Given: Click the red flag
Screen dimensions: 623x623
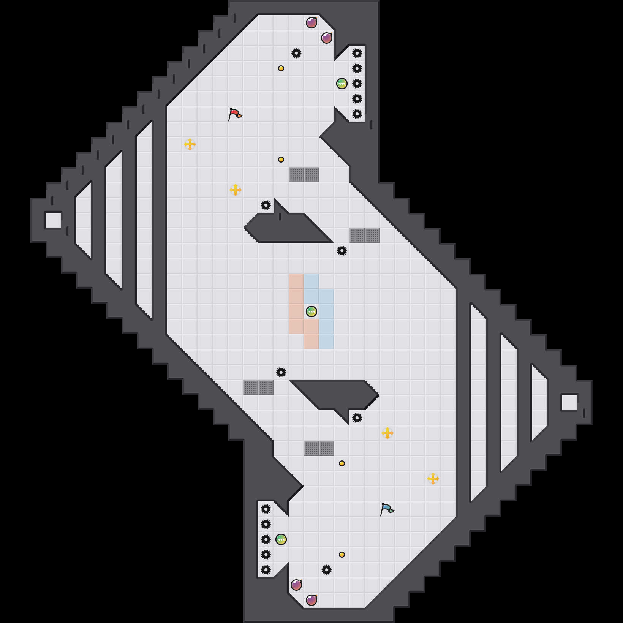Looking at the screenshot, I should click(x=235, y=114).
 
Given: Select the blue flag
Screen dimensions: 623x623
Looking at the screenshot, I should click(x=387, y=509).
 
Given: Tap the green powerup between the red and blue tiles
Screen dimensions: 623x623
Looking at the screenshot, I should click(x=311, y=311).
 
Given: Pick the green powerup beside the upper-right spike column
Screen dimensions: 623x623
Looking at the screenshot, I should click(x=342, y=84).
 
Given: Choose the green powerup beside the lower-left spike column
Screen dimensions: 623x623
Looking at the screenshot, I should click(x=281, y=539).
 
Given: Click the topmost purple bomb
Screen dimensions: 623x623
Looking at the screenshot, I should click(x=311, y=23).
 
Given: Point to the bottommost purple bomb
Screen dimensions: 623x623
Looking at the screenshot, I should click(x=311, y=600).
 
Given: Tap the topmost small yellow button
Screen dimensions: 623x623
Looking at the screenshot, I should click(x=281, y=68).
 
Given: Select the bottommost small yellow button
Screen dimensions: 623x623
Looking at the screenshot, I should click(x=342, y=555).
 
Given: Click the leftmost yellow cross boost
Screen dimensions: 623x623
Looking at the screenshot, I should click(x=190, y=144).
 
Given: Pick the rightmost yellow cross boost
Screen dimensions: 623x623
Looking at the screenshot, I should click(x=433, y=479).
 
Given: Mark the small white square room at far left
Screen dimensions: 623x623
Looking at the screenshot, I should click(x=53, y=220).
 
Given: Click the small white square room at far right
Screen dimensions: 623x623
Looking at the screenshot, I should click(x=570, y=403).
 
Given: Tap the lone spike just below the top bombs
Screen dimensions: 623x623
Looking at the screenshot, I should click(x=296, y=53).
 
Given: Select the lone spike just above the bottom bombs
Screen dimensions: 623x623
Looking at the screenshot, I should click(x=327, y=570).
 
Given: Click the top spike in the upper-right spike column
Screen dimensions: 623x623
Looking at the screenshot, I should click(x=357, y=53).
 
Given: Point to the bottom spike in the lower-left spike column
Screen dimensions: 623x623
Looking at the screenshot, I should click(x=266, y=570).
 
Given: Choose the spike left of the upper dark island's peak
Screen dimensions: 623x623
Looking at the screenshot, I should click(x=266, y=205).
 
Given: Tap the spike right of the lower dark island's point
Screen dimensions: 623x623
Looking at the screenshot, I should click(x=357, y=418).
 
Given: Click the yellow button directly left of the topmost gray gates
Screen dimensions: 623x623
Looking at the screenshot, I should click(x=281, y=160).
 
